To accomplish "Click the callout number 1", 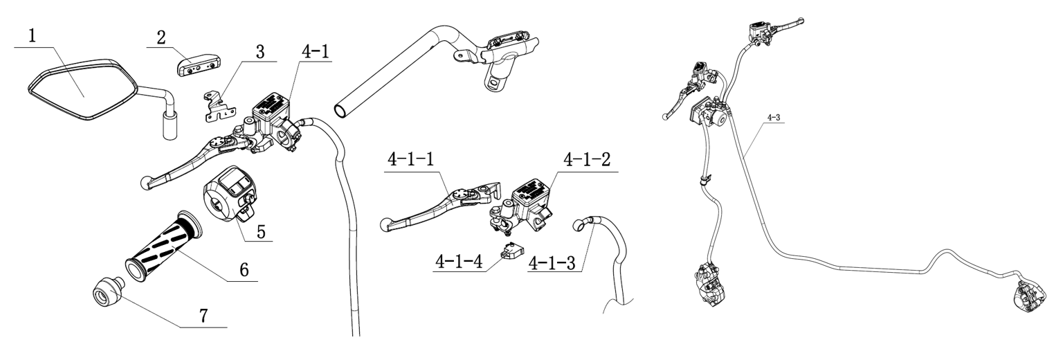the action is click(x=32, y=36).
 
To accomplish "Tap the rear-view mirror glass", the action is click(x=81, y=89).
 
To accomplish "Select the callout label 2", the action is click(x=161, y=37).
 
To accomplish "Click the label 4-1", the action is click(x=315, y=52).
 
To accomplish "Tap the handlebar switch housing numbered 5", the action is click(x=230, y=193).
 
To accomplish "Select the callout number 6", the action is click(x=244, y=270).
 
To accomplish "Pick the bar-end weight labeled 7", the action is click(x=107, y=291).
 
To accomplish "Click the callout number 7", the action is click(x=203, y=316).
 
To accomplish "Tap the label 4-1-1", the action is click(x=411, y=160).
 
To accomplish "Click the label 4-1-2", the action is click(x=587, y=160).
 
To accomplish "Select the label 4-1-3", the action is click(x=552, y=262).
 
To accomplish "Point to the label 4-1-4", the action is click(x=458, y=262).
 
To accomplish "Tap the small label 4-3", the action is click(x=773, y=117).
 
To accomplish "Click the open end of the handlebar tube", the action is click(x=340, y=111).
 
